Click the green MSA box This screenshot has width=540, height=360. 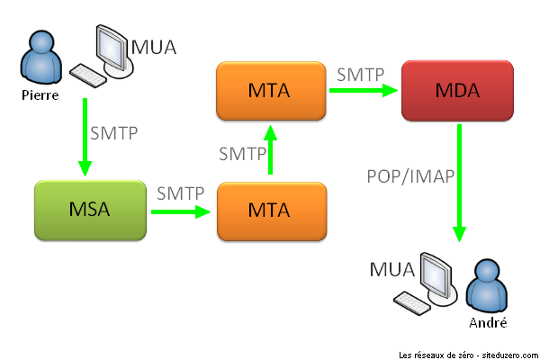89,211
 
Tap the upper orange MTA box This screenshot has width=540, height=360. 269,91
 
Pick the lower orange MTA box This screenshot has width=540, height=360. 269,211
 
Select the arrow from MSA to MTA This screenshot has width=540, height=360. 180,211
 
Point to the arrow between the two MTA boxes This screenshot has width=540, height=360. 269,151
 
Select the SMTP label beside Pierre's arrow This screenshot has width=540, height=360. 114,133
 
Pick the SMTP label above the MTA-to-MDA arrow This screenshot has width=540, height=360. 361,74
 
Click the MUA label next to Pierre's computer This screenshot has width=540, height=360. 154,46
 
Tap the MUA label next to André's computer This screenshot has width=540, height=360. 392,270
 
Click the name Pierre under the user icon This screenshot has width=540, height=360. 40,93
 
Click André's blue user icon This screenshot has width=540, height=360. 487,287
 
